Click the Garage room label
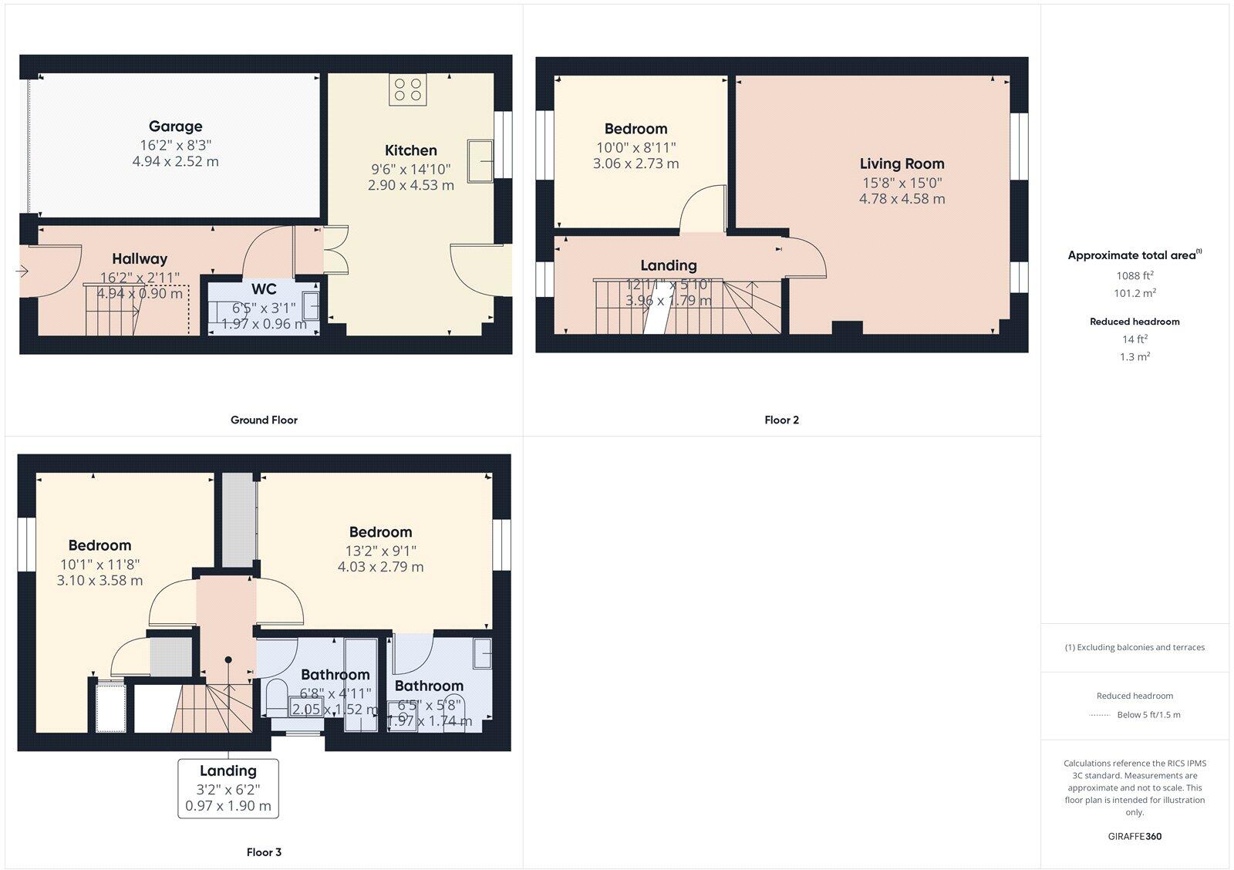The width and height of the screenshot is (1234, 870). coord(175,126)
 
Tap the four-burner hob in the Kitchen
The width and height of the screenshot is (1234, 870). coord(407,89)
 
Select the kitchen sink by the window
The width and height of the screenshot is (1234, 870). coord(481,160)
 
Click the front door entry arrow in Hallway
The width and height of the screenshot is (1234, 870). coord(22,271)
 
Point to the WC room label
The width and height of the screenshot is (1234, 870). coord(264,289)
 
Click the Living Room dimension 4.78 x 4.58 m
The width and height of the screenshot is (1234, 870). coord(902,199)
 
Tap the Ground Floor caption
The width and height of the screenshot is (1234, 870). coord(264,420)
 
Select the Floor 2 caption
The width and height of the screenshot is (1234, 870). coord(781,420)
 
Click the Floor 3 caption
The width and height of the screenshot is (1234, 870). coord(264,852)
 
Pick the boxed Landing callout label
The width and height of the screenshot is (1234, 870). coord(228,771)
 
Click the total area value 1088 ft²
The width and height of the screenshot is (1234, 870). coord(1135,276)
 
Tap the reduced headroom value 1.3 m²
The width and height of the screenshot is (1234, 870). coord(1135,357)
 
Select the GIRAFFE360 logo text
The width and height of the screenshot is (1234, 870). coord(1135,836)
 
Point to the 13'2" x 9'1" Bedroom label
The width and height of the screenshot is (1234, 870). coord(380,532)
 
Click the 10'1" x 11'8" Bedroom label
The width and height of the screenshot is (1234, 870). coord(99,545)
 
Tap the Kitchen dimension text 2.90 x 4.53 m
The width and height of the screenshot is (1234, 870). coord(410,185)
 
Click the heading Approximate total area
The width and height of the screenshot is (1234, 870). coord(1131,255)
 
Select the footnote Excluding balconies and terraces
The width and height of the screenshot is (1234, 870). coord(1135,648)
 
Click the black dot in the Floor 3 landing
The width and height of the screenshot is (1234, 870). coord(228,659)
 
